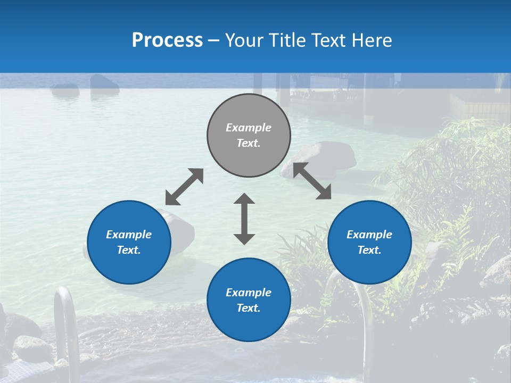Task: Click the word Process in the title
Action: [167, 40]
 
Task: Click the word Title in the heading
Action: [286, 40]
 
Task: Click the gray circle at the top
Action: [249, 160]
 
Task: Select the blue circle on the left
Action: [129, 266]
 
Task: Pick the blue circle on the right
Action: [369, 266]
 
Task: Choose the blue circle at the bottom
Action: [249, 324]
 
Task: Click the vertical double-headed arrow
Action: [244, 219]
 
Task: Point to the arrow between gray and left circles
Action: [184, 187]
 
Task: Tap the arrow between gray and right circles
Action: [312, 181]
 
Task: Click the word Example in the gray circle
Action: [249, 128]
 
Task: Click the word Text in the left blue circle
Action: [129, 250]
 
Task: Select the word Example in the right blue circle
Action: [369, 235]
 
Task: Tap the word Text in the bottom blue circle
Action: [249, 308]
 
